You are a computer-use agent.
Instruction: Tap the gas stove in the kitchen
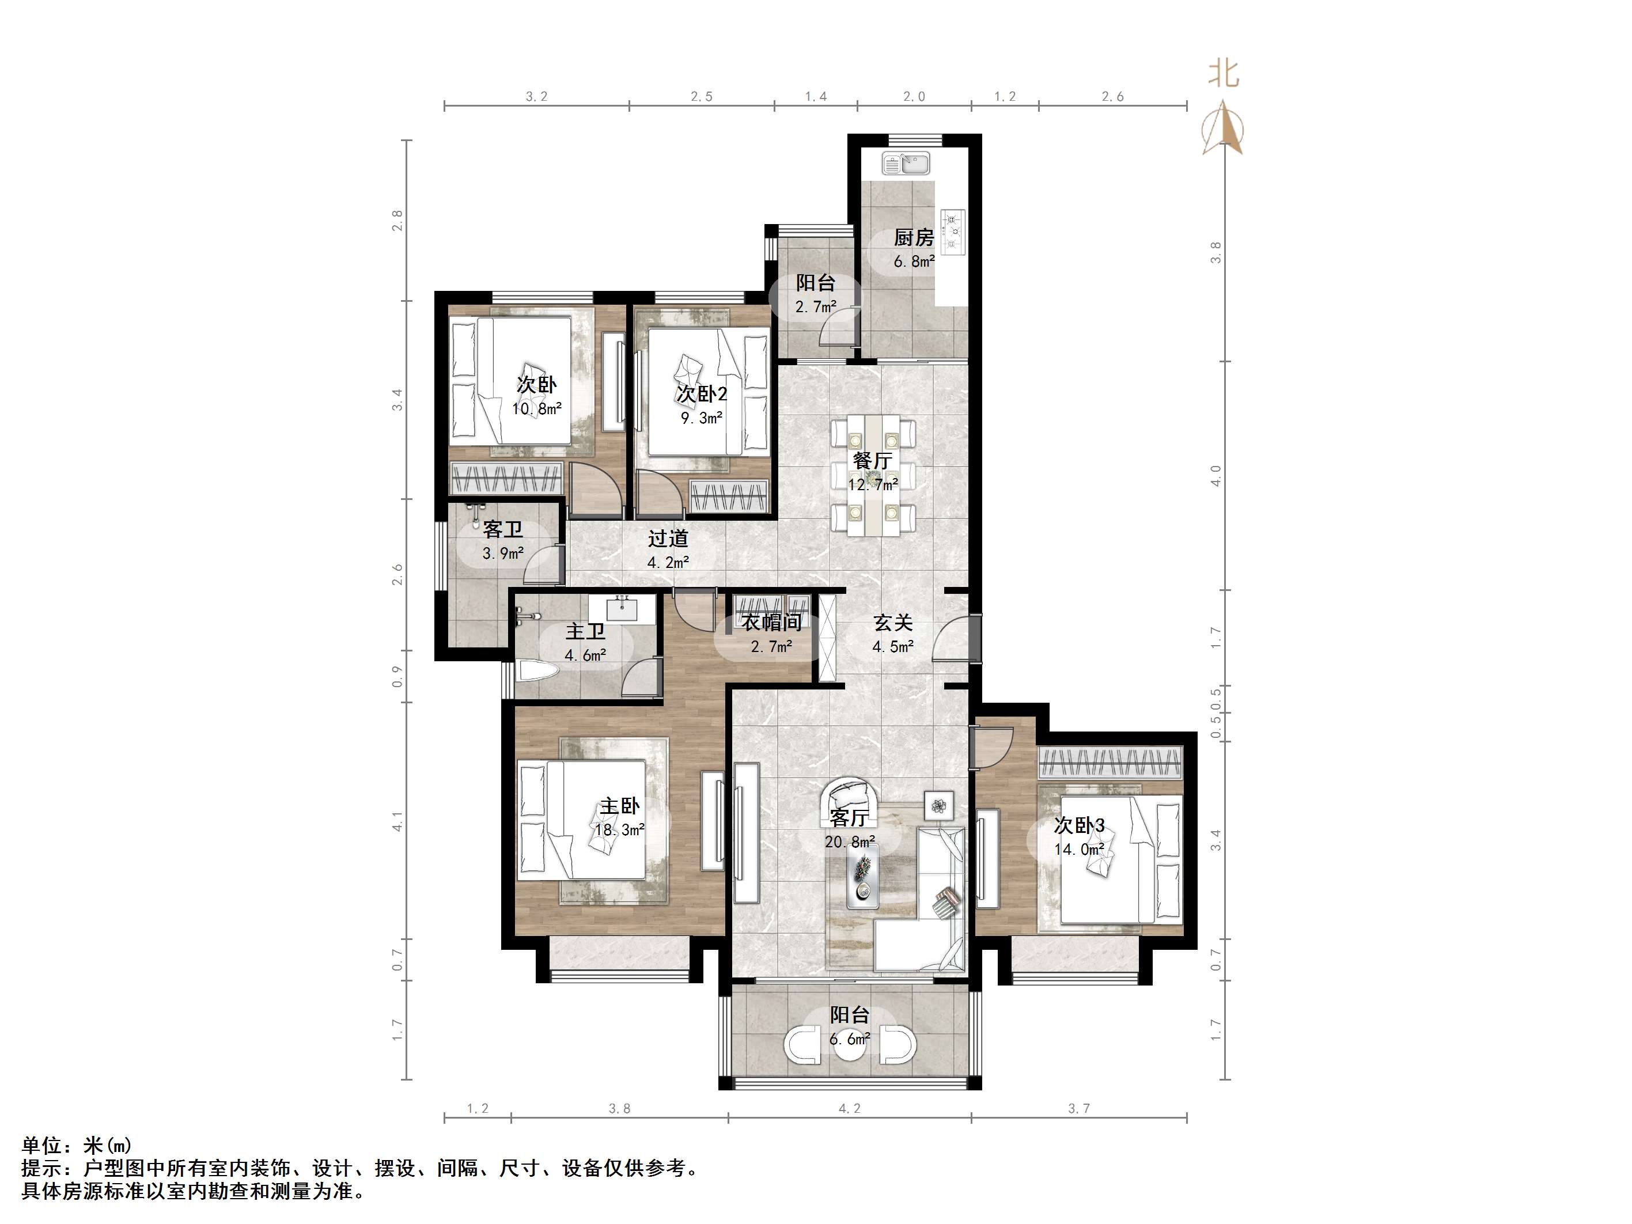952,232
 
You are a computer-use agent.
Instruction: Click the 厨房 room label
914,237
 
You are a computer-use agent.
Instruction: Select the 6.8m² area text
914,261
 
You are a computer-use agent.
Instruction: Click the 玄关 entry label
893,623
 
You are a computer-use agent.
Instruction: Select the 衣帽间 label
772,623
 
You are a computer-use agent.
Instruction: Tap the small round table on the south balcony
850,1045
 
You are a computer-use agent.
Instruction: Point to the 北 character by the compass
1223,73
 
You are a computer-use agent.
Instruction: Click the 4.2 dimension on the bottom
849,1108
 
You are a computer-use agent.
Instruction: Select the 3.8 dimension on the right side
1216,252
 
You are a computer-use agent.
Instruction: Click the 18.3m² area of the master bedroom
620,830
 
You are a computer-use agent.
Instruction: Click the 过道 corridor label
668,539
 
